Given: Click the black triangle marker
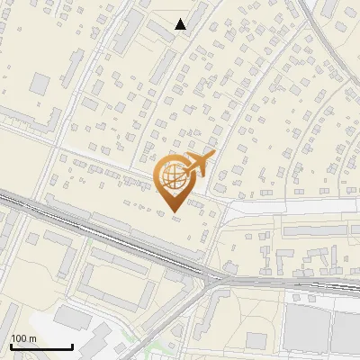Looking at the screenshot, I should point(181,24).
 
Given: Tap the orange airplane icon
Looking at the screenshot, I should point(198,164).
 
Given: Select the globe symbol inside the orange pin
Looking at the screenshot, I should point(174,177).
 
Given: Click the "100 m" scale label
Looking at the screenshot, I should point(23,338).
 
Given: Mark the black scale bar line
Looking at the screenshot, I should point(41,346).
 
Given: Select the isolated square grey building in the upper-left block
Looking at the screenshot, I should point(40,85).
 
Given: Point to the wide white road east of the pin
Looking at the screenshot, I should point(288,207).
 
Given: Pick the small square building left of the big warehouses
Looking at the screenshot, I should point(257,340).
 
